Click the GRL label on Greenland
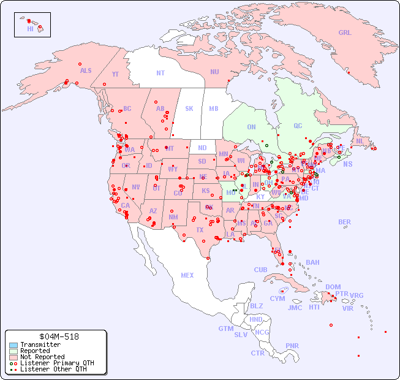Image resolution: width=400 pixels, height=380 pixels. [x=345, y=32]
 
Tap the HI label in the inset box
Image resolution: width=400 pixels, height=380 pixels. [x=30, y=28]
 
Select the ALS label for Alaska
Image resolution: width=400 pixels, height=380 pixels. [x=86, y=70]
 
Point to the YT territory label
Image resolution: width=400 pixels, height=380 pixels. [x=115, y=74]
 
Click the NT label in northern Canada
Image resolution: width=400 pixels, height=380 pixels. [x=160, y=72]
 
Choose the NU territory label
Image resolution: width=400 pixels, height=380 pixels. [x=214, y=72]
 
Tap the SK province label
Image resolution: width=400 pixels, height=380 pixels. [x=189, y=108]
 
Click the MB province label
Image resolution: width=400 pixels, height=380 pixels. [x=214, y=108]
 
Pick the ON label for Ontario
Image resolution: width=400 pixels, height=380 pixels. [x=251, y=127]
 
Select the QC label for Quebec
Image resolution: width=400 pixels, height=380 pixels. [x=298, y=126]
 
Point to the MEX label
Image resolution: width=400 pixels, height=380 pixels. [x=187, y=275]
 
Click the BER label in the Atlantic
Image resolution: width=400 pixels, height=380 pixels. [x=344, y=222]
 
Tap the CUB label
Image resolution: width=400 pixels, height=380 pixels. [x=260, y=270]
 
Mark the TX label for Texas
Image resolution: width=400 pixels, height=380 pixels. [x=200, y=230]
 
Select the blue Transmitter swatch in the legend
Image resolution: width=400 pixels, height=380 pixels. [x=13, y=345]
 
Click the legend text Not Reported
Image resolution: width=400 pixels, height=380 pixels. [x=42, y=357]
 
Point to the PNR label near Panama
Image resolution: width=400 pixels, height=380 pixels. [x=292, y=346]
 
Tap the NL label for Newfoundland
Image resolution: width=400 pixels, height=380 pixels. [x=360, y=140]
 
